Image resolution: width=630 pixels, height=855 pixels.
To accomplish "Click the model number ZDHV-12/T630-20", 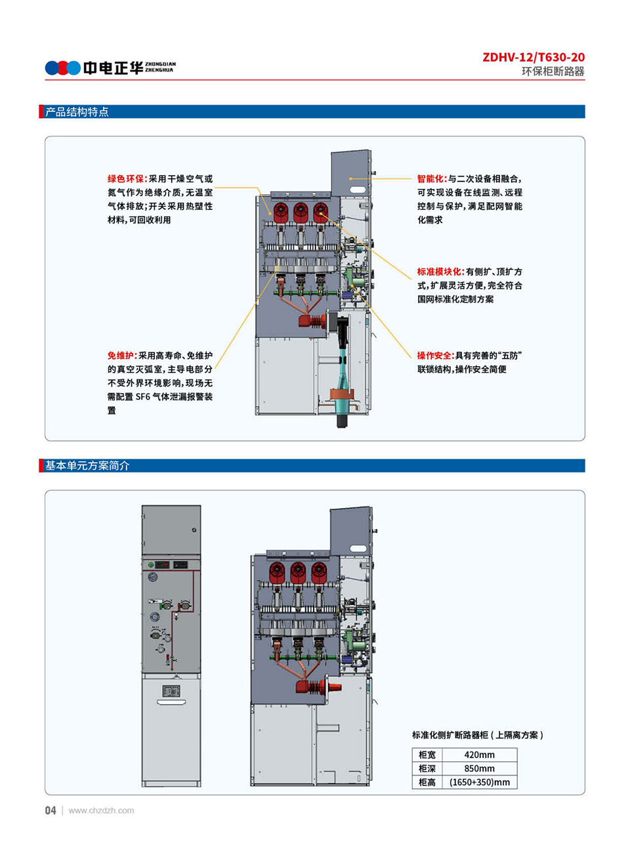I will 533,57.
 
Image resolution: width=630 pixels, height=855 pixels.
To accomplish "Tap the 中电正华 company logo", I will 110,68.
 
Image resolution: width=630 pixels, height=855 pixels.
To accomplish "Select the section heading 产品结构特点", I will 77,112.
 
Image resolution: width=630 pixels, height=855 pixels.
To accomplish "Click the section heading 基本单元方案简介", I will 87,466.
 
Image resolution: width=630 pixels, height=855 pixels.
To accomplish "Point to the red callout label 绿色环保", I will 127,178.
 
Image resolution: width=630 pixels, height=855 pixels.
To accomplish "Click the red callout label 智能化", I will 432,178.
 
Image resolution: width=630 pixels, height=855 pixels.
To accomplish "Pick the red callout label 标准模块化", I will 440,272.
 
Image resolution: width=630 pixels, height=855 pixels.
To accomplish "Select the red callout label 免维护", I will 122,356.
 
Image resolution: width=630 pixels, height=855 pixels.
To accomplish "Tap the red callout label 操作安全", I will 435,356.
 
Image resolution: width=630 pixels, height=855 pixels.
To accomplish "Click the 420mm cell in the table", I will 479,755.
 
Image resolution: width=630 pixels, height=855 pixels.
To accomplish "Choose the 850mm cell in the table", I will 479,768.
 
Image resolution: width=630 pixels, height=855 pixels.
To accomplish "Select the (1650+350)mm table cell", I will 479,782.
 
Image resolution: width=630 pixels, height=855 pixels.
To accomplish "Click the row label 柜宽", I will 427,755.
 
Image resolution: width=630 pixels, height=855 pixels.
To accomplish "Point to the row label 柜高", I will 427,782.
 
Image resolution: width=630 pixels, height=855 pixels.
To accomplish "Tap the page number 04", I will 51,810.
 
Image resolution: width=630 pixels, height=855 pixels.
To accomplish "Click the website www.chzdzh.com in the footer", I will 101,810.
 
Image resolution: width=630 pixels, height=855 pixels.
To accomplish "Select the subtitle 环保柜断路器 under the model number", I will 553,72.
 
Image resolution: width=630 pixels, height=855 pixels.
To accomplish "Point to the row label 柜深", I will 427,768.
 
